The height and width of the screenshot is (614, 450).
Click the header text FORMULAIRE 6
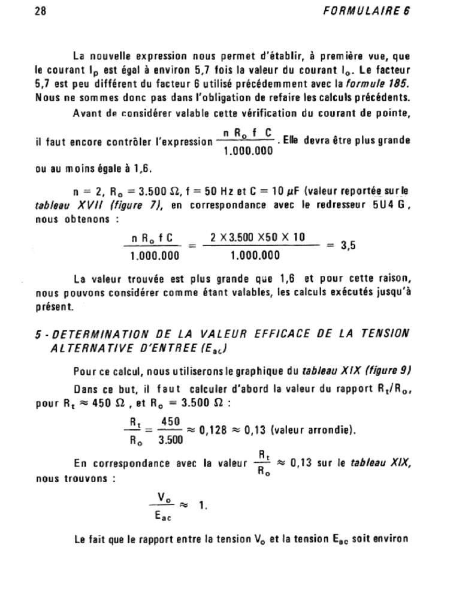375,11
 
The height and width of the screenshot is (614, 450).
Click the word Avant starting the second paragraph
86,113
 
